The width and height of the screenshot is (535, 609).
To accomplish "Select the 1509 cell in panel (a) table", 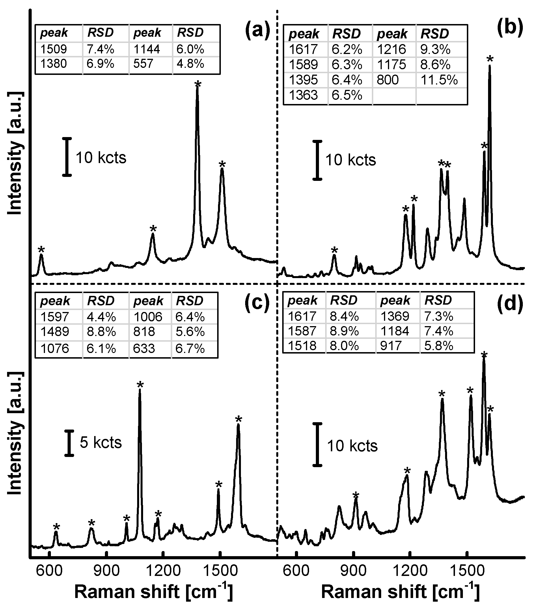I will point(54,49).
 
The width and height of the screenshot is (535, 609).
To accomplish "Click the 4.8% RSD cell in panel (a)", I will point(190,64).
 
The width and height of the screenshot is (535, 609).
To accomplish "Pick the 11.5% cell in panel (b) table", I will point(439,80).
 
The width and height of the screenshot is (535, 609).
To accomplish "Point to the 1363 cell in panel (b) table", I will point(303,95).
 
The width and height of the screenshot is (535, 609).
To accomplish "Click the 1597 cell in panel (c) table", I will point(55,317).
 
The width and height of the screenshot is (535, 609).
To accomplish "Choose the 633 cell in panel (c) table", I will point(144,348).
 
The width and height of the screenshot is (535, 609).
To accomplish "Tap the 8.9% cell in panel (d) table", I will point(344,331).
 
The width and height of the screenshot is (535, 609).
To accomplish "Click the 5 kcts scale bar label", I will point(101,443).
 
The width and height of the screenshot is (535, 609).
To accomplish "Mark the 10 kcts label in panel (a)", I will point(101,157).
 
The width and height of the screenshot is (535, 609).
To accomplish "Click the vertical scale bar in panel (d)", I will point(318,444).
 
